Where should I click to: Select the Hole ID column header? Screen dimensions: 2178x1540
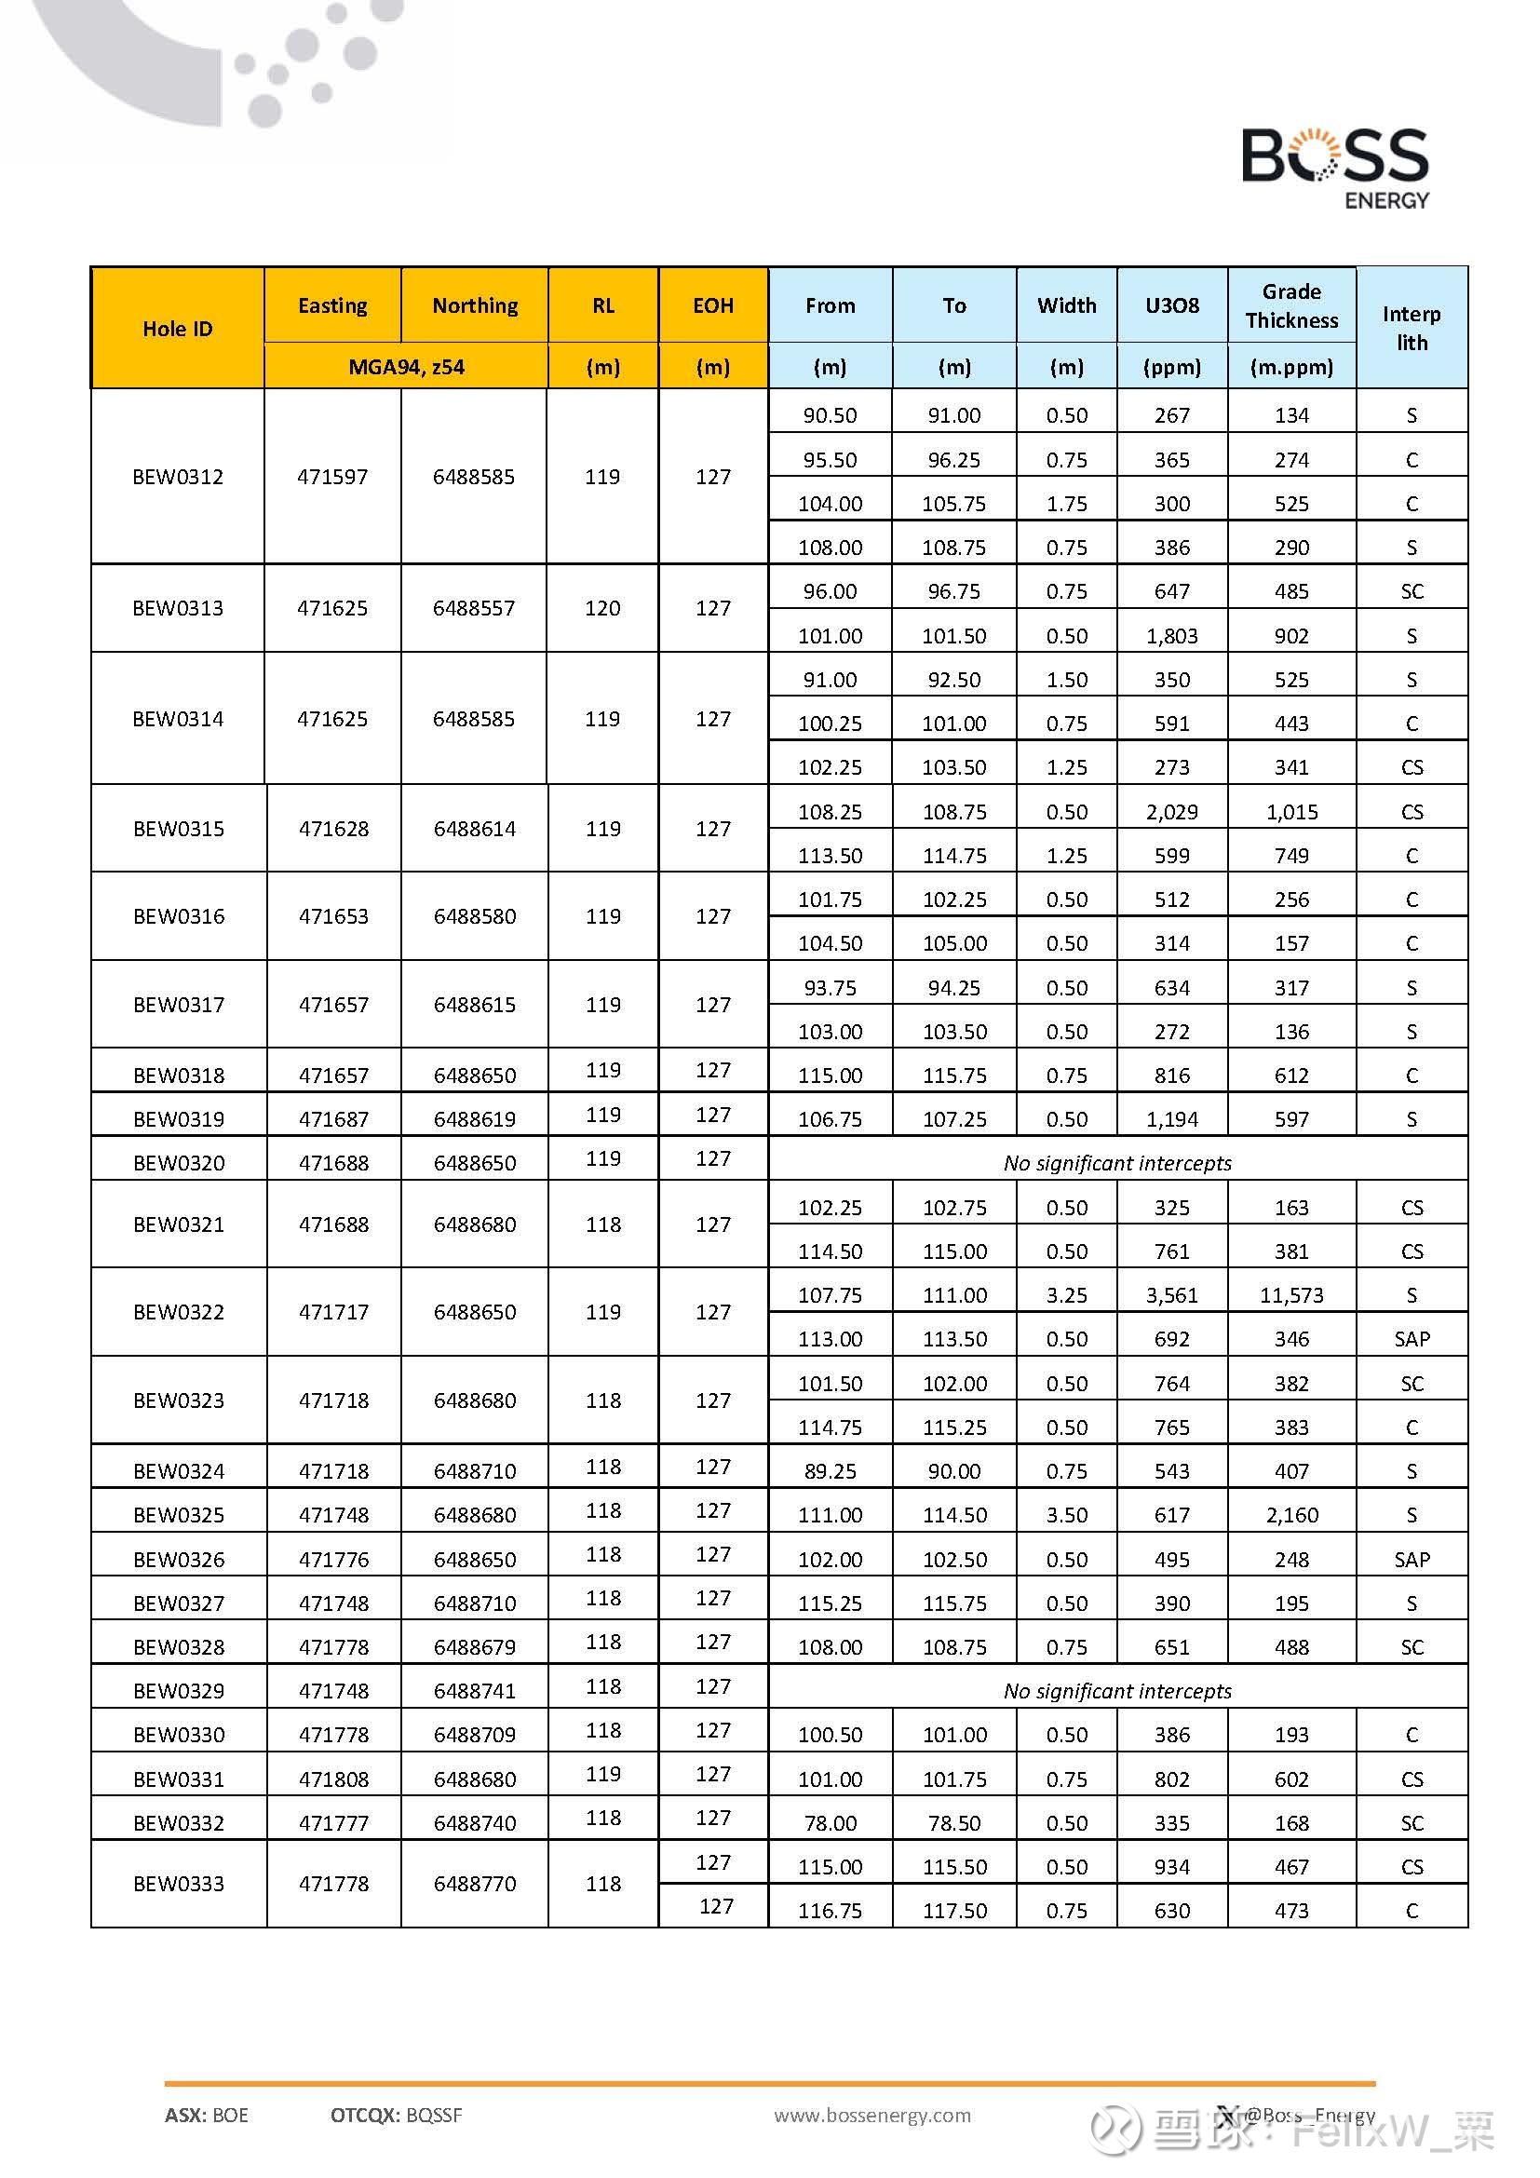pos(177,329)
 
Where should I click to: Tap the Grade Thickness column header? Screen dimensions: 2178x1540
pos(1290,305)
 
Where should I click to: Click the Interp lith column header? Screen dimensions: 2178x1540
pos(1411,328)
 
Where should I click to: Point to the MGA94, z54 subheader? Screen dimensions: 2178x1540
pos(406,367)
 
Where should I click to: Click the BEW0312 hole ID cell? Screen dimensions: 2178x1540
pos(177,477)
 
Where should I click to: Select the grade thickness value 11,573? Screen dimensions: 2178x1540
pos(1290,1296)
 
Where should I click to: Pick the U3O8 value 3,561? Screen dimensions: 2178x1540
pos(1171,1296)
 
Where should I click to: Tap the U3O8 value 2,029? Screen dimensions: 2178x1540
pos(1171,812)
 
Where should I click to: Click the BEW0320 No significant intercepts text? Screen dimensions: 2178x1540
pos(1117,1164)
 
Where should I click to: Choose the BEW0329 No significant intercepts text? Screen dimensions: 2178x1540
pos(1117,1691)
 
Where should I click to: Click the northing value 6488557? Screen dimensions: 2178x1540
pos(474,608)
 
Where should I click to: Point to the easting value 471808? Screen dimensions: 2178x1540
pos(332,1779)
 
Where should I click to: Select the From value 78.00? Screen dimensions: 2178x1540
pos(830,1823)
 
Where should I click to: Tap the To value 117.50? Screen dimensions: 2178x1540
pos(954,1912)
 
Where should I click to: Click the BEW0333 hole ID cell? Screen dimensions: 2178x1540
pos(178,1884)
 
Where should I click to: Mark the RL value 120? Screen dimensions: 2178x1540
pos(602,608)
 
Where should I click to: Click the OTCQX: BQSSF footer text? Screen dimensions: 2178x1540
pos(397,2116)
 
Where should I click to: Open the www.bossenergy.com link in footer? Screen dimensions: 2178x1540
pos(871,2116)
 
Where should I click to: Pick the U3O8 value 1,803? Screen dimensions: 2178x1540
pos(1171,637)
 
